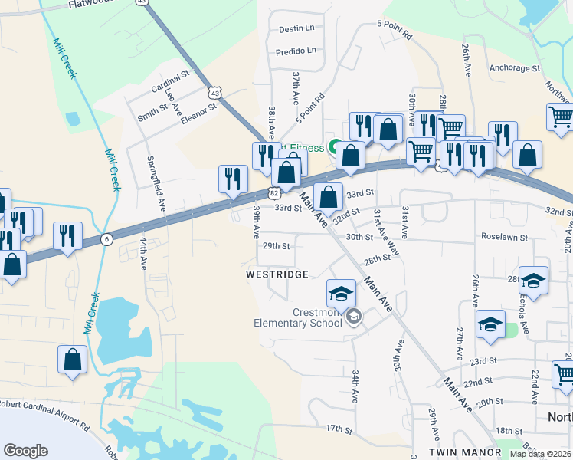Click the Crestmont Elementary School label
tap(298, 317)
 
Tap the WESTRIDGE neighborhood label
tap(277, 274)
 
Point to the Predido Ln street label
tap(296, 51)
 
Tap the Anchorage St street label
tap(515, 68)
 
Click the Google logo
tap(26, 450)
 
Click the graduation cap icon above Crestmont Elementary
tap(341, 292)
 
